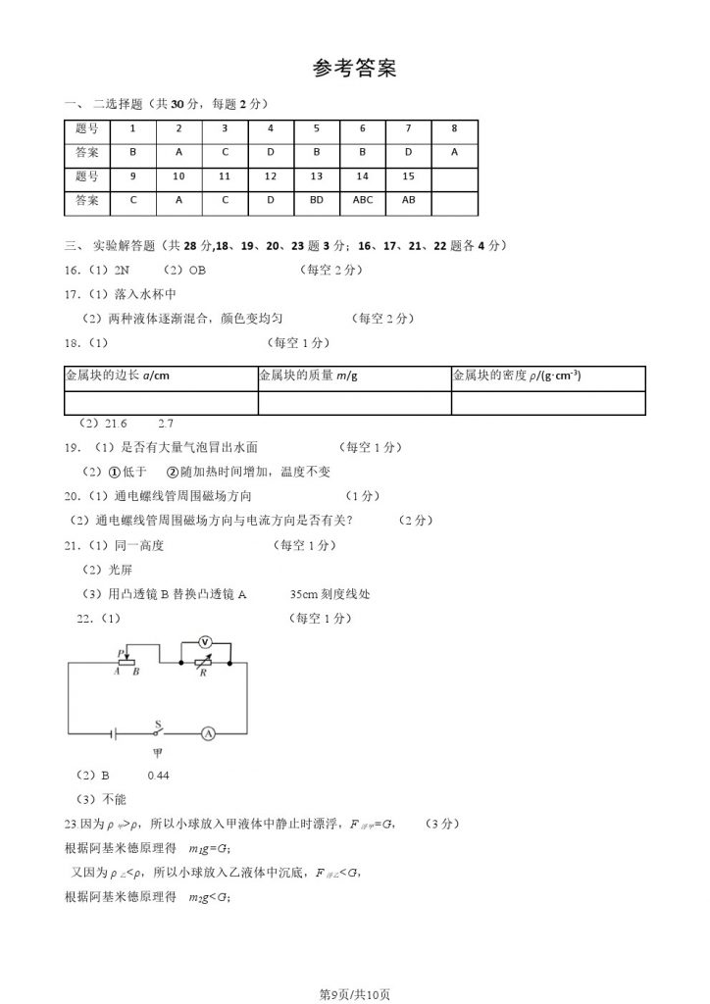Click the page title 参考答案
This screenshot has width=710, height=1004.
pyautogui.click(x=355, y=69)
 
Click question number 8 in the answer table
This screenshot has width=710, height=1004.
pyautogui.click(x=454, y=128)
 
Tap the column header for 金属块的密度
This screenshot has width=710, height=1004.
pyautogui.click(x=516, y=376)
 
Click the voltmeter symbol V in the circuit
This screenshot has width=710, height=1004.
pyautogui.click(x=205, y=641)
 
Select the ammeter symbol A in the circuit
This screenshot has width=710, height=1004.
pyautogui.click(x=208, y=731)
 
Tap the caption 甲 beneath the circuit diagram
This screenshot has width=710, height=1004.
pyautogui.click(x=156, y=753)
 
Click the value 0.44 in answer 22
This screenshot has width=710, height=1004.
pyautogui.click(x=159, y=776)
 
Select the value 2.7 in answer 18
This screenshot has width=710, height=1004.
pyautogui.click(x=165, y=424)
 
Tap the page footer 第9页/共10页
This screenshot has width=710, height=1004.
pyautogui.click(x=355, y=994)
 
